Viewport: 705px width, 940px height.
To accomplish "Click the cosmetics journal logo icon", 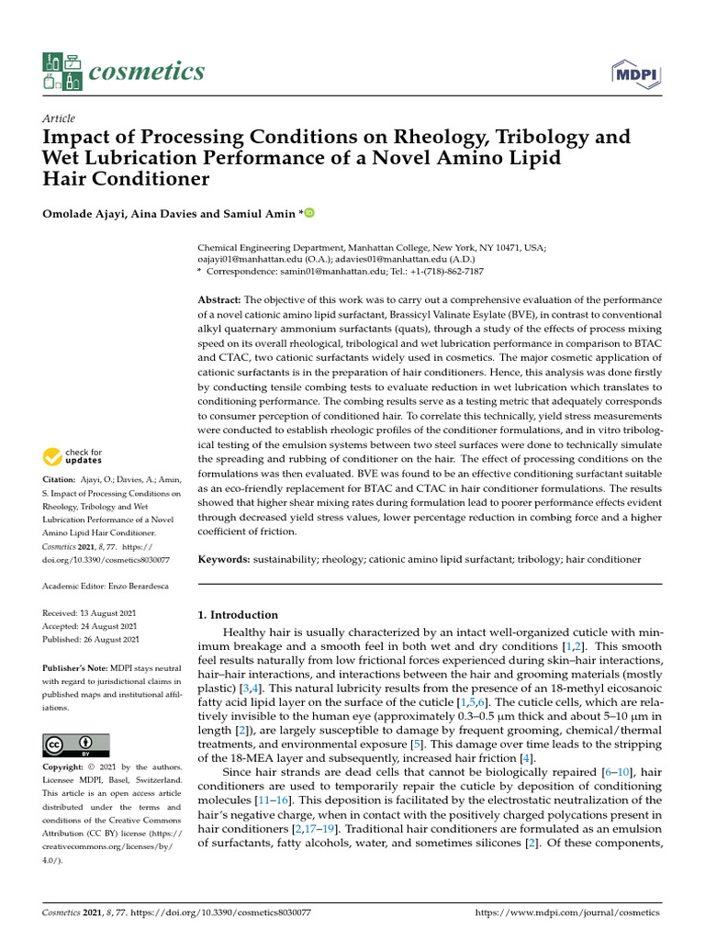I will pos(62,72).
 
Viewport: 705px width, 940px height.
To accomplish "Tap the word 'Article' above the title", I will pos(59,118).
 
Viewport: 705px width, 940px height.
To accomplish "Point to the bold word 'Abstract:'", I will pos(220,300).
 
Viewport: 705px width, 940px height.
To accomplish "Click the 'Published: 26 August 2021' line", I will pos(92,639).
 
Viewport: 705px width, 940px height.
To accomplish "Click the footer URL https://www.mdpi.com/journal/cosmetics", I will pos(567,913).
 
